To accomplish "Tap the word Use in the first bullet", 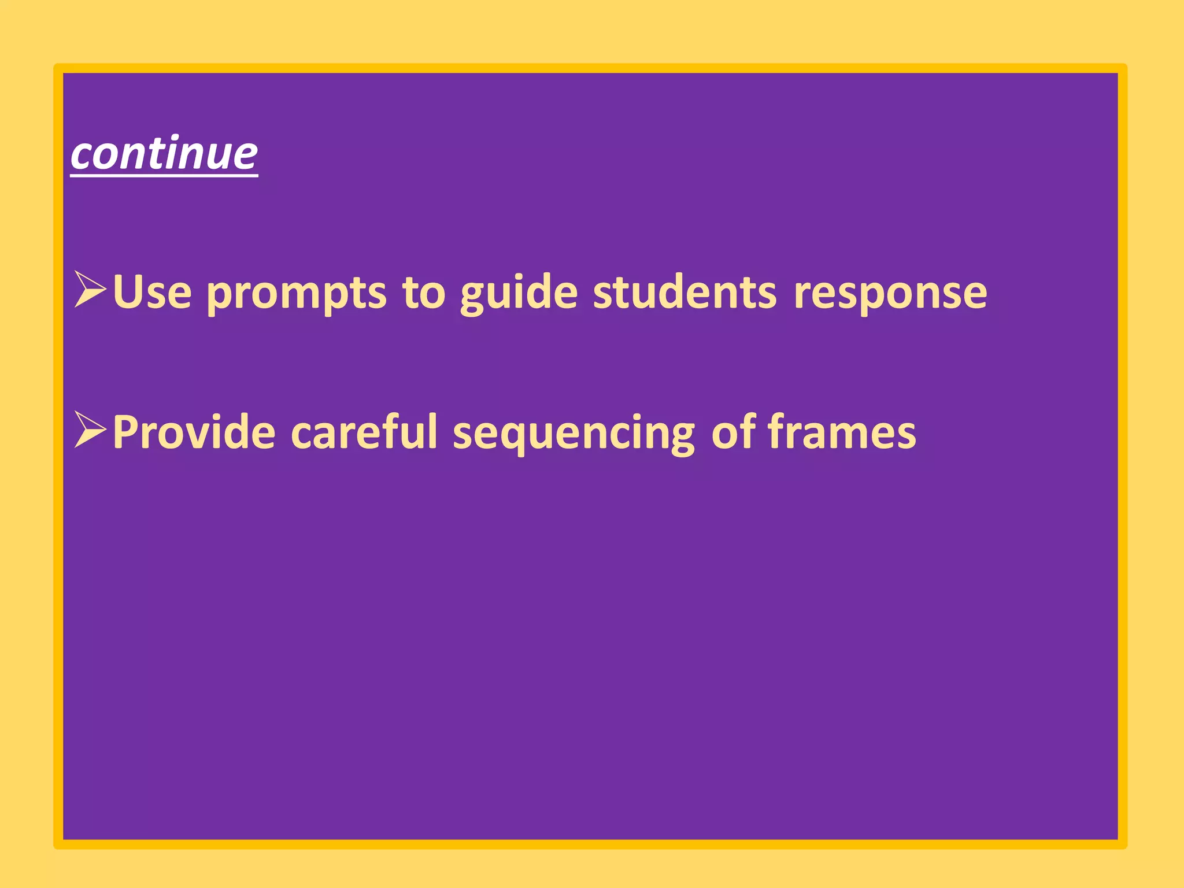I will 152,292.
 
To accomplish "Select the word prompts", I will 296,294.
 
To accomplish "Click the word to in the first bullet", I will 424,292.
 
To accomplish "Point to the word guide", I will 519,294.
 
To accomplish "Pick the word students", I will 684,292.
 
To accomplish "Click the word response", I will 890,294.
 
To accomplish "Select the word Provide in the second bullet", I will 194,432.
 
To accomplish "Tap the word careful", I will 364,432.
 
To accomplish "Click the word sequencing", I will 573,435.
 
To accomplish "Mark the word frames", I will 842,433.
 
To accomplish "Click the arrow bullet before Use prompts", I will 90,289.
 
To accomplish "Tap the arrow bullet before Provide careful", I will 90,430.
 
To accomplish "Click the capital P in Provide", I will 125,432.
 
